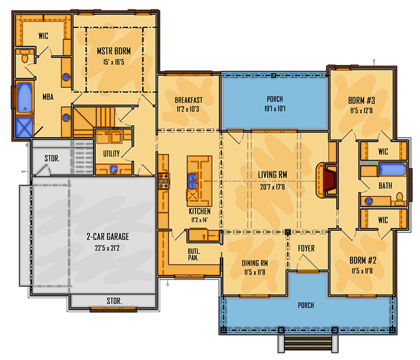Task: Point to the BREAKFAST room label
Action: tap(188, 100)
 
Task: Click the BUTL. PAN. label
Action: tap(194, 255)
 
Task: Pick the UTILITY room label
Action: tap(112, 153)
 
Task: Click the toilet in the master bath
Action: tap(25, 57)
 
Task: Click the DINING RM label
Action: tap(254, 263)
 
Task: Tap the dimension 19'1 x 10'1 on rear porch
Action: tap(274, 109)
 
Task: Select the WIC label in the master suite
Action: tap(43, 36)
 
